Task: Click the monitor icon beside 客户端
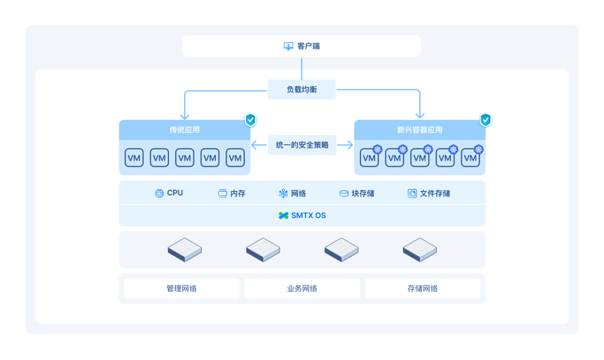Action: coord(288,46)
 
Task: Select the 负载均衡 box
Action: coord(301,90)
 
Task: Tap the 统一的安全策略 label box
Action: coord(302,145)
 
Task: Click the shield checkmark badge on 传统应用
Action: coord(250,120)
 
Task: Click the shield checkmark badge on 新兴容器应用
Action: coord(485,120)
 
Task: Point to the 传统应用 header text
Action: coord(185,130)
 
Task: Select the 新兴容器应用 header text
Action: coord(419,130)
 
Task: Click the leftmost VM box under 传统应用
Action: coord(134,158)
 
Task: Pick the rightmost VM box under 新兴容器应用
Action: coord(470,158)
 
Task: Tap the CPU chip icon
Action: coord(159,193)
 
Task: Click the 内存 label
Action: coord(238,193)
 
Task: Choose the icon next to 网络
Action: coord(283,193)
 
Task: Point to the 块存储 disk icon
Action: coord(343,193)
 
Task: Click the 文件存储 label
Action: coord(435,193)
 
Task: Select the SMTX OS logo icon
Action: coord(283,215)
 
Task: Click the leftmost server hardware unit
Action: coord(185,250)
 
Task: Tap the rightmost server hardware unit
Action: coord(419,250)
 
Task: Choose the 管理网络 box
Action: coord(181,288)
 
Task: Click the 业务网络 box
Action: coord(302,288)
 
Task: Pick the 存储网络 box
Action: coord(423,288)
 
